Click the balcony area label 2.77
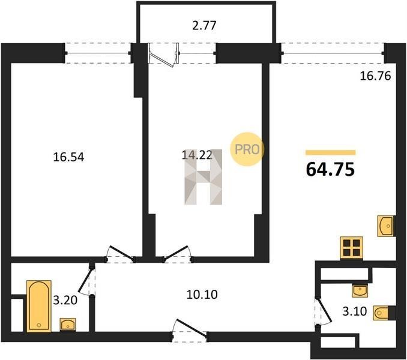[x=204, y=26]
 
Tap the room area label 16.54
[x=68, y=157]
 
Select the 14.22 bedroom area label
[x=197, y=155]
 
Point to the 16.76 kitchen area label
[x=375, y=76]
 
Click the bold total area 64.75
[x=330, y=169]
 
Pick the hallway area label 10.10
[x=202, y=295]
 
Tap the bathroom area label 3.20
[x=65, y=301]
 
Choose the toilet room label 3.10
[x=355, y=311]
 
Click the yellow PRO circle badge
[x=247, y=149]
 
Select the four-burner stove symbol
[x=351, y=248]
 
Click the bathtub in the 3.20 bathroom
[x=39, y=306]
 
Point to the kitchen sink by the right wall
[x=386, y=226]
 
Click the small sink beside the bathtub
[x=68, y=324]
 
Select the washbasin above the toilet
[x=360, y=290]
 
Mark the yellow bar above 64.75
[x=330, y=152]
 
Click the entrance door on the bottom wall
[x=190, y=331]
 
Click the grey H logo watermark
[x=203, y=177]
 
